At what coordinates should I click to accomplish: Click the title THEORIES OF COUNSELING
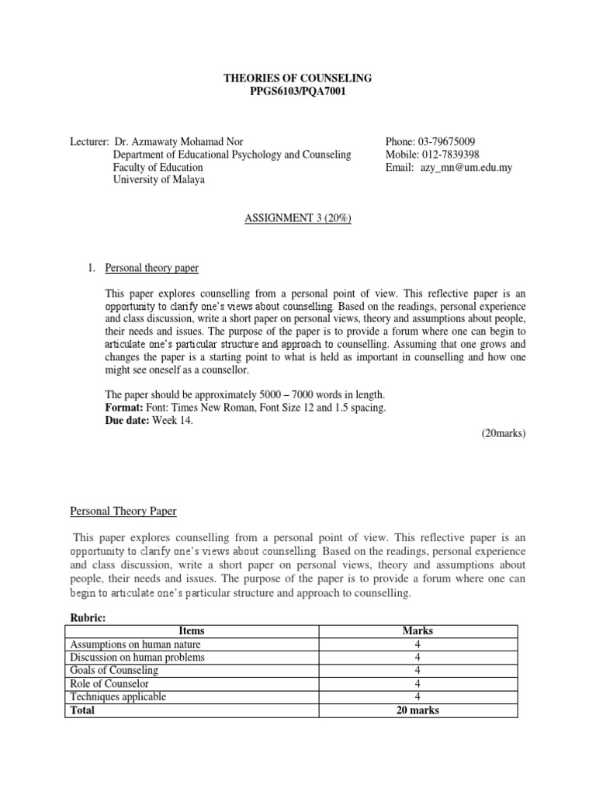297,78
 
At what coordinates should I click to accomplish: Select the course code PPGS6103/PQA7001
297,92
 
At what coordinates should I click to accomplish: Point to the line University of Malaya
160,180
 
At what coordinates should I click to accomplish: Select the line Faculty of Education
158,168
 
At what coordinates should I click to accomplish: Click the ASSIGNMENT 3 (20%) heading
298,218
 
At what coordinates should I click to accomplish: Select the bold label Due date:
129,420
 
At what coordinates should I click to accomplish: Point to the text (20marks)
503,433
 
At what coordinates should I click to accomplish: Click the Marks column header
418,631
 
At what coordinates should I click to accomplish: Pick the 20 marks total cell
418,710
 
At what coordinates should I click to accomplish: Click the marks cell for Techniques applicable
418,697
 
